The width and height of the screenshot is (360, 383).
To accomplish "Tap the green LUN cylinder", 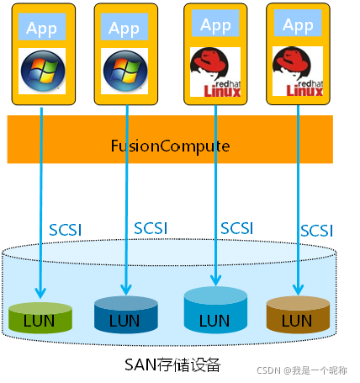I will click(x=40, y=317).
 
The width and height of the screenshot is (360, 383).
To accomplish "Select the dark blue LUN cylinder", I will click(x=126, y=316).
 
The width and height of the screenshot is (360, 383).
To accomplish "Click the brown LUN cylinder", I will click(x=297, y=315).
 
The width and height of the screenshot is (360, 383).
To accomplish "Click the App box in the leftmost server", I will click(x=42, y=28).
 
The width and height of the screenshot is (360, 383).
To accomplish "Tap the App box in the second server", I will click(x=124, y=28).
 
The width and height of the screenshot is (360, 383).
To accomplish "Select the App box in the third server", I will click(x=216, y=25).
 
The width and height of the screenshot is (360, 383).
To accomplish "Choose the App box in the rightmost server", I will click(x=298, y=25).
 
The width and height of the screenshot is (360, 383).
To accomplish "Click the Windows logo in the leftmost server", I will click(x=42, y=72).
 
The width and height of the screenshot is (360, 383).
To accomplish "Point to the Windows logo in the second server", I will click(x=124, y=72).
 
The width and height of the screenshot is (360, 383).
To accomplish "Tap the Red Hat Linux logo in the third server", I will click(x=216, y=72).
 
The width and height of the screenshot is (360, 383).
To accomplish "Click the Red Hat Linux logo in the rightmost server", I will click(x=298, y=72).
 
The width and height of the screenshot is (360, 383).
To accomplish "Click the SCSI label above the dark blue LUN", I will click(x=152, y=228).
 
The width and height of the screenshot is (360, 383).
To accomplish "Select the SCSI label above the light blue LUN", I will click(x=237, y=227).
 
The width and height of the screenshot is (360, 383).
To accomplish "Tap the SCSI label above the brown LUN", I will click(x=317, y=230).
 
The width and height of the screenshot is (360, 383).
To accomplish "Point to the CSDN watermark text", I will click(x=316, y=370).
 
